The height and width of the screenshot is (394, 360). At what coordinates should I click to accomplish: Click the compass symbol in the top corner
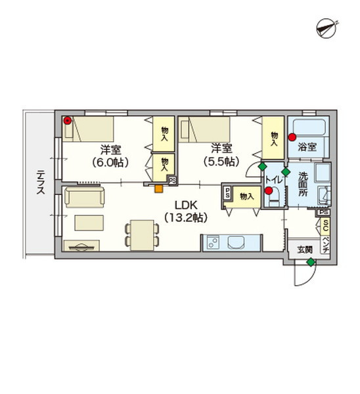(326, 28)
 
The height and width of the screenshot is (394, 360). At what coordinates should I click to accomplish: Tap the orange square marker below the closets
(158, 188)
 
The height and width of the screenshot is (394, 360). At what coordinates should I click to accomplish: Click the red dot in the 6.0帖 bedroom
(67, 121)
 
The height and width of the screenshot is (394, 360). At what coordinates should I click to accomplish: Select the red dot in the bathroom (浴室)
(292, 137)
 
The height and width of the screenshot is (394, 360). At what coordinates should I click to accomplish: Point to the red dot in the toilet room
(269, 190)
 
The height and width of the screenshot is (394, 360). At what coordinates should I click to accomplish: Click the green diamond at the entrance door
(311, 262)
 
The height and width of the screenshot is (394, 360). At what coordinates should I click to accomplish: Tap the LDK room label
(186, 206)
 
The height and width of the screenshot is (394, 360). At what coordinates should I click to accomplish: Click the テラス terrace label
(41, 182)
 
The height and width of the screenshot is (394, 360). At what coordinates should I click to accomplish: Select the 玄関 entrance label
(305, 250)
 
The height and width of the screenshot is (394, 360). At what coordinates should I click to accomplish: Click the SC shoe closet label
(326, 226)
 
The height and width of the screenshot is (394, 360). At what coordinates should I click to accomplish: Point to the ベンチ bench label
(326, 244)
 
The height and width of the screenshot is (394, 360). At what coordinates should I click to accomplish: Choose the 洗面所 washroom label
(304, 184)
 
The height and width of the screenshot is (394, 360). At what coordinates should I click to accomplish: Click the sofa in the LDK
(85, 197)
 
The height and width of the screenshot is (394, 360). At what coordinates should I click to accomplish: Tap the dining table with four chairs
(142, 235)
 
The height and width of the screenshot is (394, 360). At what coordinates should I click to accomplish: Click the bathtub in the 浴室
(309, 127)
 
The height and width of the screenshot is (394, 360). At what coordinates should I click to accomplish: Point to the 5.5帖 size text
(221, 162)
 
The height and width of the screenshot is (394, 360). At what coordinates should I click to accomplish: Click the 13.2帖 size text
(186, 217)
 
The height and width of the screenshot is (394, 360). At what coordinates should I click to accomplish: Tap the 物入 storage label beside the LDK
(247, 196)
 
